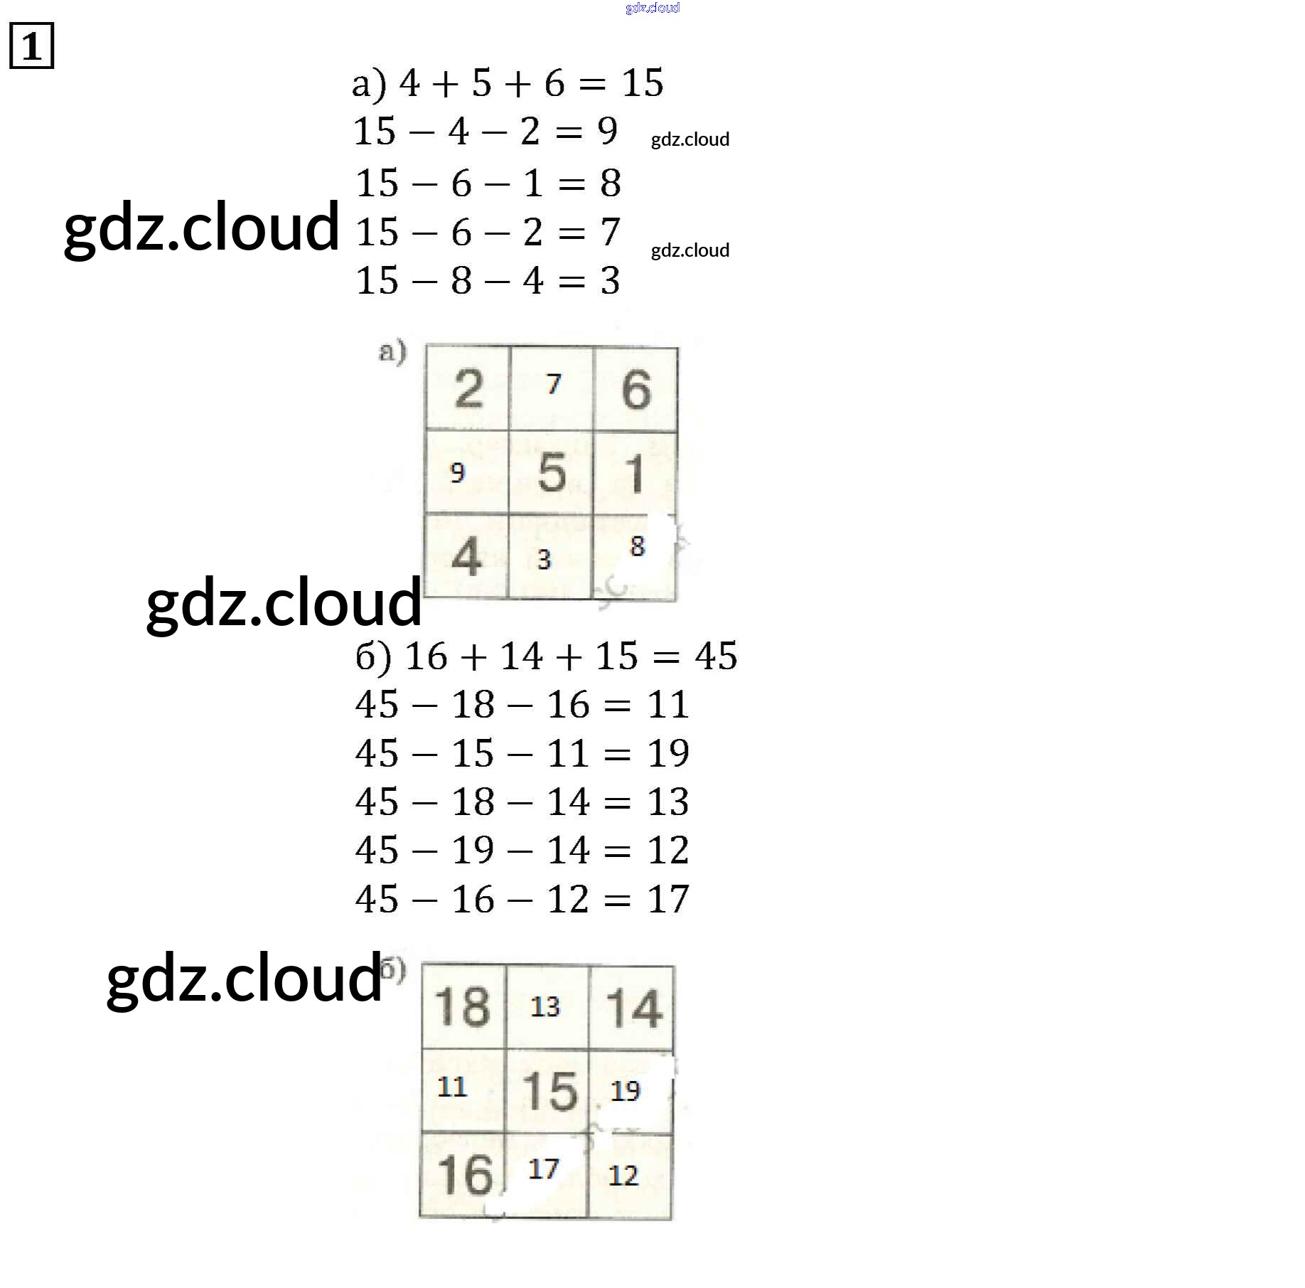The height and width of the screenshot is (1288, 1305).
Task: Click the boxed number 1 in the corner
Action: click(x=31, y=46)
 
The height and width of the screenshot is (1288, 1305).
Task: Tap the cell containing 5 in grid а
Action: click(x=551, y=472)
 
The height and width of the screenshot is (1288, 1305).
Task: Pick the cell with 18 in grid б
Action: click(x=463, y=1006)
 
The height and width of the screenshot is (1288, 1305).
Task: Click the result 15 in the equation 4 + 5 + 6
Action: click(x=643, y=83)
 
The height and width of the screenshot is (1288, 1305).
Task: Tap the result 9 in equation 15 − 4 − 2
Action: click(x=608, y=131)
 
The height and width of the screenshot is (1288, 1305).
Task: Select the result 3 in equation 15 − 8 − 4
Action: click(x=610, y=281)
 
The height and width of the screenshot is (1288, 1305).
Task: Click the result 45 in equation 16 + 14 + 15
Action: click(x=716, y=656)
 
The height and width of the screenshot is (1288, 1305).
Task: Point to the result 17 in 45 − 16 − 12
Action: click(x=668, y=899)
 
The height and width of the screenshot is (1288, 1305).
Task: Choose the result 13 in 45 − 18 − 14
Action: click(x=668, y=802)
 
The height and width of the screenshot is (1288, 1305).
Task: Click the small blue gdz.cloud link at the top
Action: click(x=652, y=8)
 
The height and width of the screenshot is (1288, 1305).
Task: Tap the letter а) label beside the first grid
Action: click(x=392, y=352)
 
